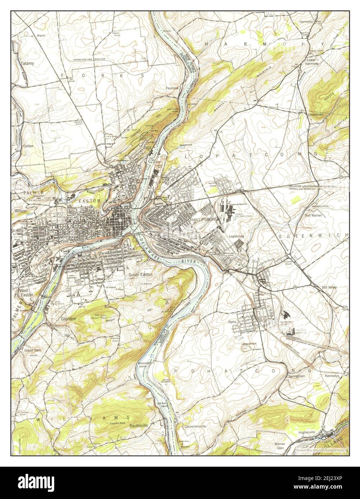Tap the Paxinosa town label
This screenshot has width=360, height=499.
172,88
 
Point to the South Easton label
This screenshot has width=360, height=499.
140,275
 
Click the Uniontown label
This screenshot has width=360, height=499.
315,115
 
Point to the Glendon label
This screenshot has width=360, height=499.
68,319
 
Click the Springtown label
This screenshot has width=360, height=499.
296,376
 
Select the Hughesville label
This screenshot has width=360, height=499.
306,433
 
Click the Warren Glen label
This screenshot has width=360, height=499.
280,446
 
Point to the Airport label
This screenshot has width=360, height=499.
41,36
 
